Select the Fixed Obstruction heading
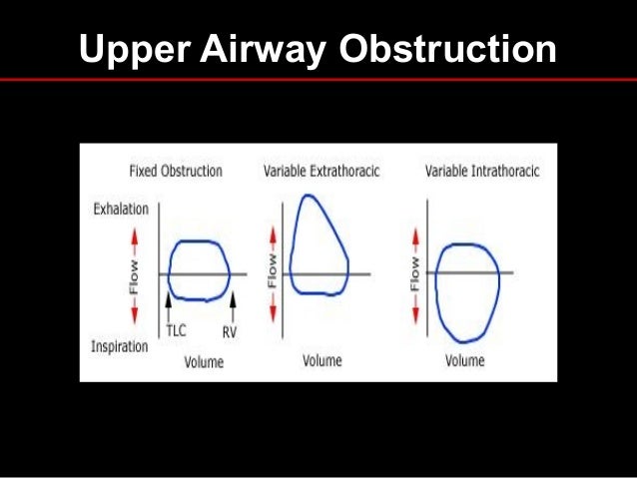pos(176,171)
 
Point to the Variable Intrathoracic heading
pos(482,171)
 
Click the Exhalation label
pos(121,210)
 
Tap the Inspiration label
pos(121,346)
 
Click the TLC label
pos(177,328)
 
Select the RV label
pos(230,328)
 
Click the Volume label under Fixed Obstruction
pos(204,361)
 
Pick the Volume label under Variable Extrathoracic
pos(321,360)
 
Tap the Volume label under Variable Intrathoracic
pos(464,360)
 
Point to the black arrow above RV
pos(232,297)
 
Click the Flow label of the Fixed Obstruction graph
pos(133,272)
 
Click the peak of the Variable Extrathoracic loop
pos(306,193)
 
